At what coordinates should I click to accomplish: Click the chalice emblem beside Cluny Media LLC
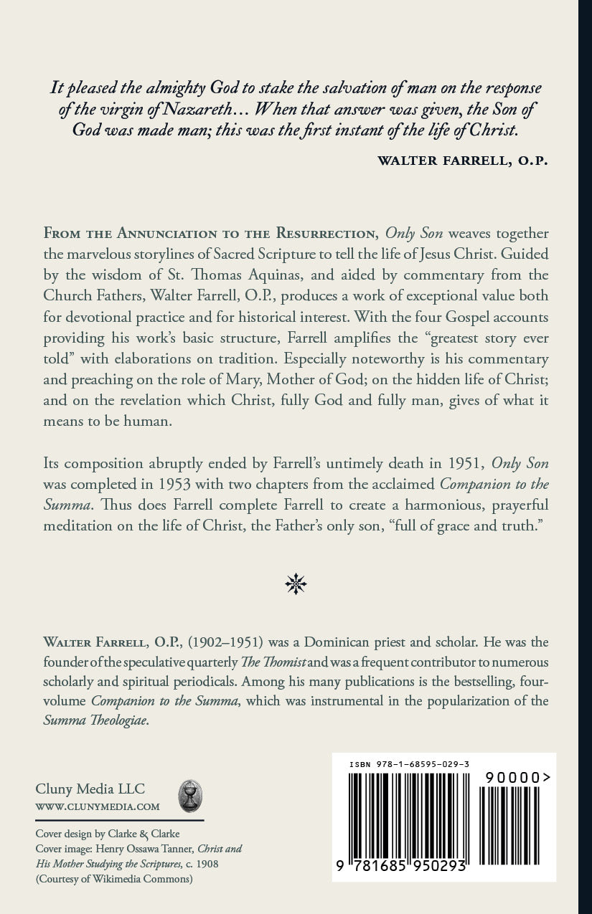(190, 796)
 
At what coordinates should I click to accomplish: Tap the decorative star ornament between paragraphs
(296, 584)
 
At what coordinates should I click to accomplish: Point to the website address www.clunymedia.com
(98, 806)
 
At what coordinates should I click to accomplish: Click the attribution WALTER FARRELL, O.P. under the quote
(463, 160)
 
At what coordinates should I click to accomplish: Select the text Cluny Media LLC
(90, 789)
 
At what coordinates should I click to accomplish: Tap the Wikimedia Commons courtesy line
(114, 879)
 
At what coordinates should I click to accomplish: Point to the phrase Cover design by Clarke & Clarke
(108, 834)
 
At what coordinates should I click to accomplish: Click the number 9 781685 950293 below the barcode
(402, 866)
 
